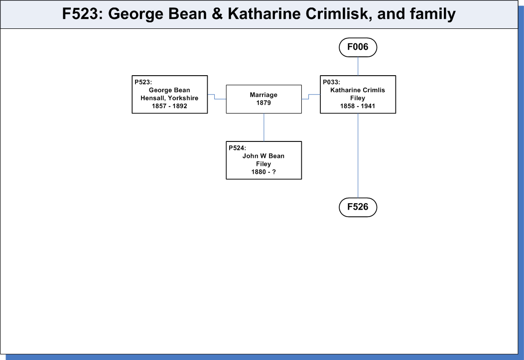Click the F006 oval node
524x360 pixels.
click(358, 47)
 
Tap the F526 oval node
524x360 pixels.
click(358, 207)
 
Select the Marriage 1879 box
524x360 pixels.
click(263, 99)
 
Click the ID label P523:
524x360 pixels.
click(143, 82)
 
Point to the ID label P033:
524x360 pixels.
click(331, 82)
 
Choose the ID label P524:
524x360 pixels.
click(237, 148)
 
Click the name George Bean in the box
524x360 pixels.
click(169, 90)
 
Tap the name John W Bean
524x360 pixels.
click(263, 156)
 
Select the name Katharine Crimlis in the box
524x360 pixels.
click(358, 90)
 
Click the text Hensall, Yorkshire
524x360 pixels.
click(169, 98)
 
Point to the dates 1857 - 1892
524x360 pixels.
click(169, 106)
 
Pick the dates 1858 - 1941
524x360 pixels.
click(358, 106)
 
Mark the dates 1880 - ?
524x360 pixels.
click(263, 172)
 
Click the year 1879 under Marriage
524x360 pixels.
click(263, 103)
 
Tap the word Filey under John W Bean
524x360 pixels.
click(263, 164)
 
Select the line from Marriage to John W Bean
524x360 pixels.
click(263, 127)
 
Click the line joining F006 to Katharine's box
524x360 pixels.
click(358, 66)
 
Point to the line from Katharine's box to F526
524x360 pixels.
click(358, 156)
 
